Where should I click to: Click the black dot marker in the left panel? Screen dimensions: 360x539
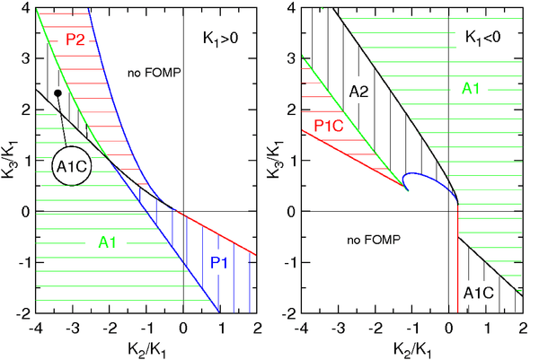[x=57, y=92]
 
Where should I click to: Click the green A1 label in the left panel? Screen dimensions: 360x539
[x=96, y=241]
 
